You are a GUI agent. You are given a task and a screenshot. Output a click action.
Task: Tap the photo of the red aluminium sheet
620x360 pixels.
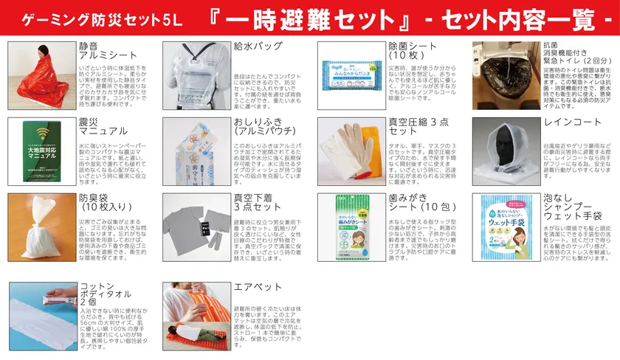click(x=41, y=72)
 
